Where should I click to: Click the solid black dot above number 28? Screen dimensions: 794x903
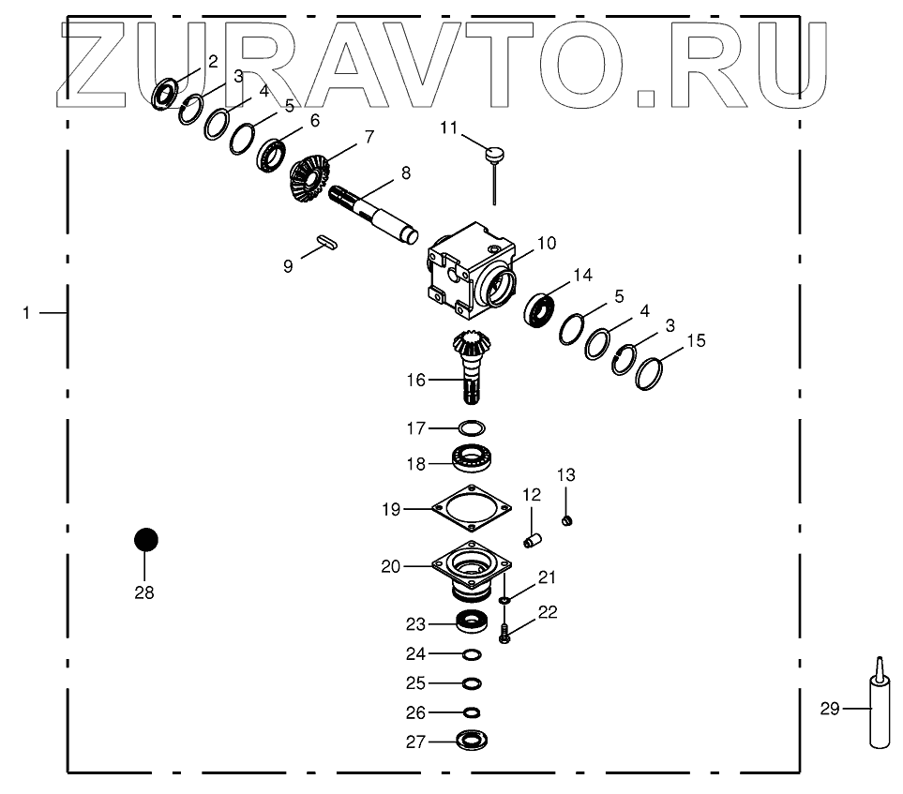145,540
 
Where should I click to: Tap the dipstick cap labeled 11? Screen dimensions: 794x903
496,150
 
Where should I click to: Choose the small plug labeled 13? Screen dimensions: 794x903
566,519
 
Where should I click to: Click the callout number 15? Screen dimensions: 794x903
696,339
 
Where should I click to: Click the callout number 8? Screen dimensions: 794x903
405,172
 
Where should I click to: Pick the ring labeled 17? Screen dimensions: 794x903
472,428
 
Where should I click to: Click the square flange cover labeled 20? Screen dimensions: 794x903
472,568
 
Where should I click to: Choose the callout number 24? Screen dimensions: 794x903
415,653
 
